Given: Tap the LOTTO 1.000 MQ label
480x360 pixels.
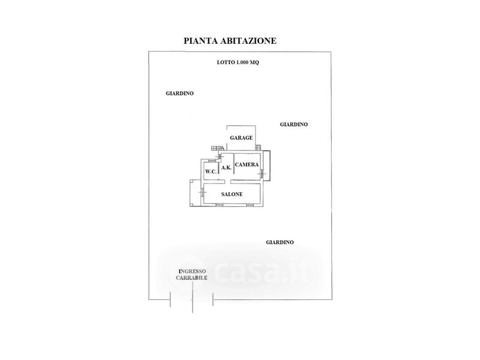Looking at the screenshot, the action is tap(238, 62).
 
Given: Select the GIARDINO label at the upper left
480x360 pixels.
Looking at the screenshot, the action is tap(179, 94).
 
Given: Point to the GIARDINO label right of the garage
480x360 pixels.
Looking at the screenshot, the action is tap(294, 124).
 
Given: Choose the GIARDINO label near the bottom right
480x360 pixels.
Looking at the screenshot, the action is tap(280, 242).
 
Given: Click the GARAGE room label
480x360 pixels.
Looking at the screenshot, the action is tap(241, 138).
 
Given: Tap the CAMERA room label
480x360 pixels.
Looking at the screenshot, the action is tap(247, 164).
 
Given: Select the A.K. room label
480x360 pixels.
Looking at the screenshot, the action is tap(226, 167).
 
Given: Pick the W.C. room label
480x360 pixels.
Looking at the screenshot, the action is tap(211, 172).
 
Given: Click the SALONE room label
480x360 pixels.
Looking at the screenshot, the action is tap(232, 194).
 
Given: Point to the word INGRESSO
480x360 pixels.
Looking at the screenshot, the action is tap(192, 271).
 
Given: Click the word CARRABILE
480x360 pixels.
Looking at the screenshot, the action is tap(191, 278).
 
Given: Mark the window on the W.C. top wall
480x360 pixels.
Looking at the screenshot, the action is tap(212, 161).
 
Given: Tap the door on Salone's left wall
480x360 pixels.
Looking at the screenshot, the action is tap(202, 192).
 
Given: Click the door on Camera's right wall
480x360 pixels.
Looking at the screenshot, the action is tap(262, 174).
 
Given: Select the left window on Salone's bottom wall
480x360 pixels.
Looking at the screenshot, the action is tap(219, 205).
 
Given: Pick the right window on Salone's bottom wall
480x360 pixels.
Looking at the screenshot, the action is tap(250, 205).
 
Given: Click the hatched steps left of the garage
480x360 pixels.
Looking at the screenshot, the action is tap(218, 148).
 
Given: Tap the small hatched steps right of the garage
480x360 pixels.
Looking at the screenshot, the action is tap(259, 148).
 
